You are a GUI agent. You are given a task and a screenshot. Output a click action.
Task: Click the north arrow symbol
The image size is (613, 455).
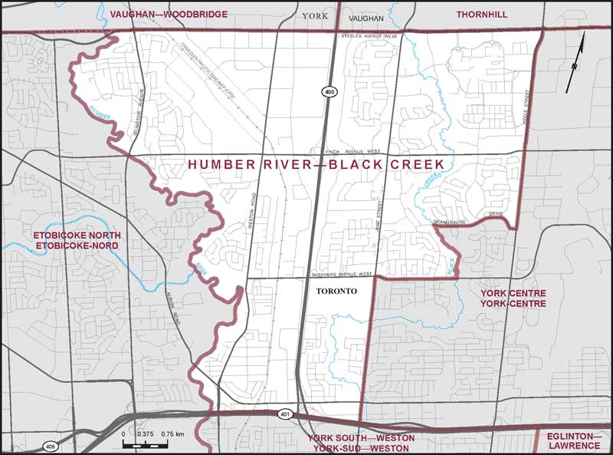tap(575, 66)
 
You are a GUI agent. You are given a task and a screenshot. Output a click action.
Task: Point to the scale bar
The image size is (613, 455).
tap(153, 444)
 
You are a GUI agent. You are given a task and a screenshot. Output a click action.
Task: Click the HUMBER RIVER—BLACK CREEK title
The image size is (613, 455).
tap(316, 165)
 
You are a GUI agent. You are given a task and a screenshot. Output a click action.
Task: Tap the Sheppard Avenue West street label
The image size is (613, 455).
tap(342, 274)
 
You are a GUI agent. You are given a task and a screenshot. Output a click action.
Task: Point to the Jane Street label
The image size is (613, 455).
tap(377, 209)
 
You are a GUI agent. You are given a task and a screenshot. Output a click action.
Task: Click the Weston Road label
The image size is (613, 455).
tap(250, 206)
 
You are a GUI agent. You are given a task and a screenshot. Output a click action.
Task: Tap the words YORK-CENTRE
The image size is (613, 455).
tap(513, 304)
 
